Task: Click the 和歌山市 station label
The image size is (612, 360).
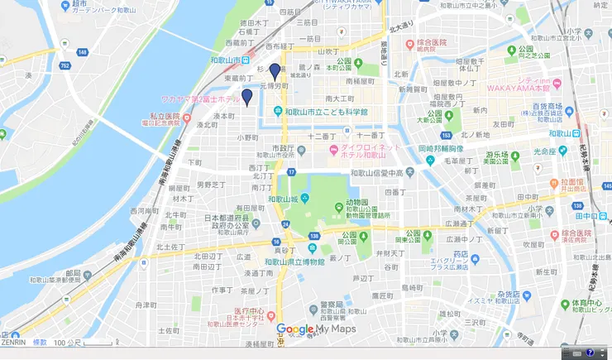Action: click(x=225, y=60)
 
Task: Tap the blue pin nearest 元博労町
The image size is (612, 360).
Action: click(x=275, y=72)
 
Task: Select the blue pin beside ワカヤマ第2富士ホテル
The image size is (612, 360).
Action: click(x=246, y=98)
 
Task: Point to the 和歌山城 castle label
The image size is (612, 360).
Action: click(x=284, y=199)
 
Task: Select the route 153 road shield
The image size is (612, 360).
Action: click(x=447, y=135)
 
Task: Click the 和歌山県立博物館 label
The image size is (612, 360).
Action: click(x=299, y=262)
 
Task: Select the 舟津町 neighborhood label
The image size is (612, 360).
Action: click(x=146, y=305)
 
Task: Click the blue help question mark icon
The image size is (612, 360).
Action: click(x=590, y=353)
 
